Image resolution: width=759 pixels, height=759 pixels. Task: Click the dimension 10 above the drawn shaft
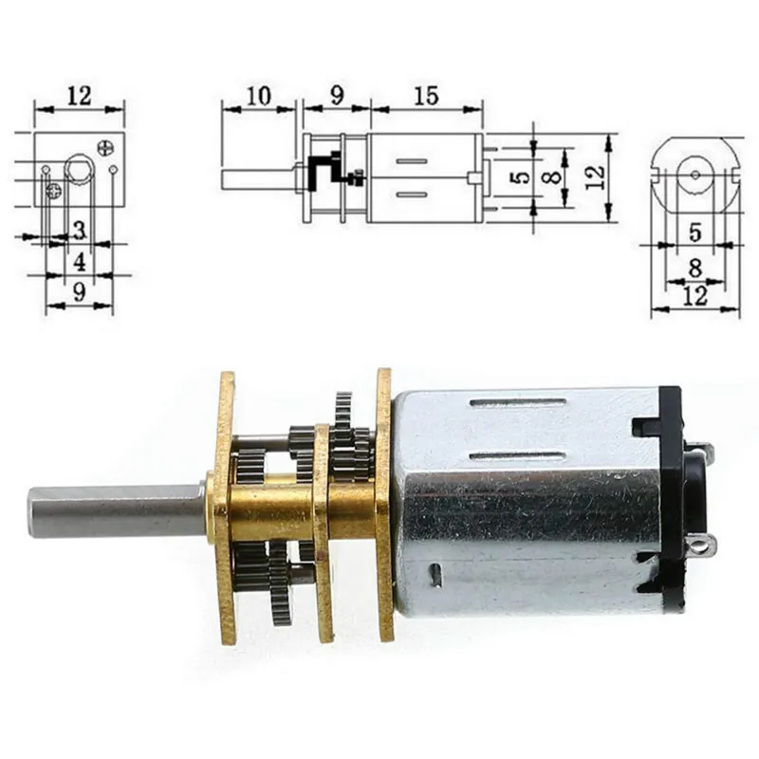258,96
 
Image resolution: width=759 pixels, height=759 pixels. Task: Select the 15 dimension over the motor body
426,96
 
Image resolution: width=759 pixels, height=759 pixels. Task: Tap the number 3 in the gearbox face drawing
80,231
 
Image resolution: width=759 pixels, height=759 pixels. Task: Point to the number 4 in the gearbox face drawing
80,262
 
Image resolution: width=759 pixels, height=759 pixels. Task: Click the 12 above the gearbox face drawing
79,96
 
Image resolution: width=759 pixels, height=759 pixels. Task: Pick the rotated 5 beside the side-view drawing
516,177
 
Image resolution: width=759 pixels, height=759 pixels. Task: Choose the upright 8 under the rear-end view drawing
694,268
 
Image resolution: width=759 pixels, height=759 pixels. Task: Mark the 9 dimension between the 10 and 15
336,96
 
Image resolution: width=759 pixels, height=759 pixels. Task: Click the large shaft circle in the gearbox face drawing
78,171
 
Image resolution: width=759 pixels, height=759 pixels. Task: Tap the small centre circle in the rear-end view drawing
695,175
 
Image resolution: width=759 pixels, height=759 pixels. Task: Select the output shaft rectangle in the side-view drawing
262,178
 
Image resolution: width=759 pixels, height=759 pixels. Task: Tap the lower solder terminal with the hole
702,546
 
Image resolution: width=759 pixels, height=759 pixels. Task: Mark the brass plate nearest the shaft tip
225,508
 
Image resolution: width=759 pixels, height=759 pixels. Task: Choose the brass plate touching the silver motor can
384,503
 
